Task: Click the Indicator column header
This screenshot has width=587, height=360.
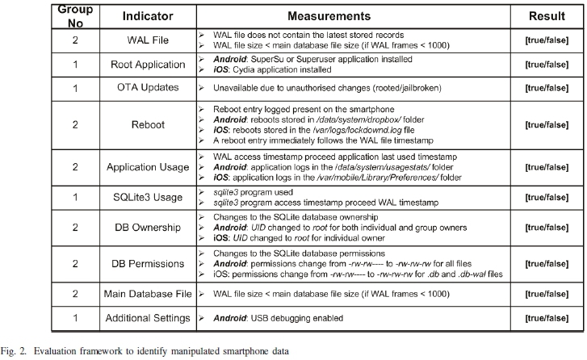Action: pyautogui.click(x=146, y=15)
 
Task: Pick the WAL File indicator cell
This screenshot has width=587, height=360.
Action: pyautogui.click(x=146, y=40)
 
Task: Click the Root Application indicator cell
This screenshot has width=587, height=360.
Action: pyautogui.click(x=146, y=65)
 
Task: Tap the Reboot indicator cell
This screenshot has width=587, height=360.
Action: pyautogui.click(x=146, y=125)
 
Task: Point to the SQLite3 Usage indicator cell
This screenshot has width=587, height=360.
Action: pyautogui.click(x=146, y=199)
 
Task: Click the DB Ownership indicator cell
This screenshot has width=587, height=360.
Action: pyautogui.click(x=146, y=228)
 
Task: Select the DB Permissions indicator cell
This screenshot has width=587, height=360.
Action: pyautogui.click(x=146, y=264)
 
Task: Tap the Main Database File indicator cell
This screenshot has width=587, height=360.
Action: pyautogui.click(x=146, y=295)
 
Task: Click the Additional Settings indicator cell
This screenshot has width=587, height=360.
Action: pyautogui.click(x=146, y=319)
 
